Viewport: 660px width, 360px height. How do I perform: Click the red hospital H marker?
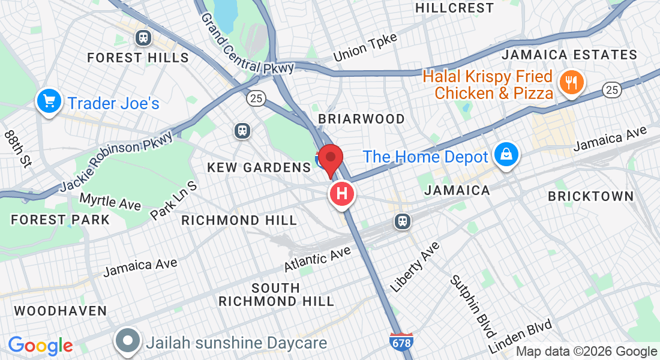pyautogui.click(x=342, y=194)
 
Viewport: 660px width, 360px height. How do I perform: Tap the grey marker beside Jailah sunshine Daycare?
pyautogui.click(x=128, y=341)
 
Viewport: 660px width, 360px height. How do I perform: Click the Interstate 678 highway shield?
pyautogui.click(x=400, y=343)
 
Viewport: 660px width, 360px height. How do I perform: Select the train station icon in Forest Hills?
pyautogui.click(x=143, y=38)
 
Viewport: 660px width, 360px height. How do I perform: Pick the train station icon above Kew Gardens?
pyautogui.click(x=242, y=130)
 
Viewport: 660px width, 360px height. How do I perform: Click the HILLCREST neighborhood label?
pyautogui.click(x=454, y=8)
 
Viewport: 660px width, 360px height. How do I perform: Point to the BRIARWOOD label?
pyautogui.click(x=361, y=119)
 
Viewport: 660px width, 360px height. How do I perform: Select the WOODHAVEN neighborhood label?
pyautogui.click(x=60, y=311)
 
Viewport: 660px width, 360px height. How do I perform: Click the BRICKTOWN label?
pyautogui.click(x=590, y=196)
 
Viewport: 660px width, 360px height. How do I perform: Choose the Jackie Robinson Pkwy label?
pyautogui.click(x=116, y=163)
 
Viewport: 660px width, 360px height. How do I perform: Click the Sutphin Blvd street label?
pyautogui.click(x=473, y=306)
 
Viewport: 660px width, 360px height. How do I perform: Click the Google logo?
pyautogui.click(x=40, y=346)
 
